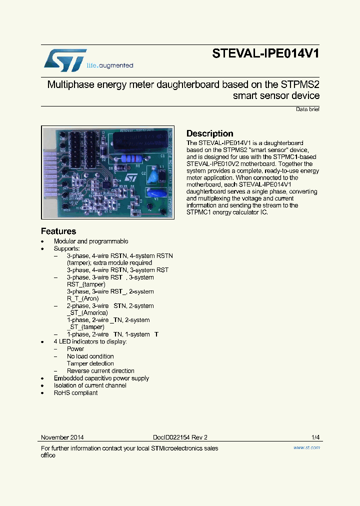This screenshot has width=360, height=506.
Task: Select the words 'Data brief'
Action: [x=307, y=109]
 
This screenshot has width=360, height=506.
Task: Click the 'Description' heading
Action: [x=209, y=133]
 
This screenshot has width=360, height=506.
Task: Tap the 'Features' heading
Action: [x=58, y=231]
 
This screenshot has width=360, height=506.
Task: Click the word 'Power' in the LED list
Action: [x=75, y=349]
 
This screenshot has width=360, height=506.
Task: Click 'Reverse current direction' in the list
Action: [x=100, y=371]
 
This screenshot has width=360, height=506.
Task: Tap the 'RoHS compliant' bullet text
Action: [x=75, y=393]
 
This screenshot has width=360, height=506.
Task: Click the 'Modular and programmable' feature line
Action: [x=91, y=241]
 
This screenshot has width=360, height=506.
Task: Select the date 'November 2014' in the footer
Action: [x=62, y=437]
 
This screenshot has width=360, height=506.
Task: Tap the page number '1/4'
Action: [x=315, y=437]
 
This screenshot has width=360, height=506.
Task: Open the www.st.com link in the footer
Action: [x=306, y=447]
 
